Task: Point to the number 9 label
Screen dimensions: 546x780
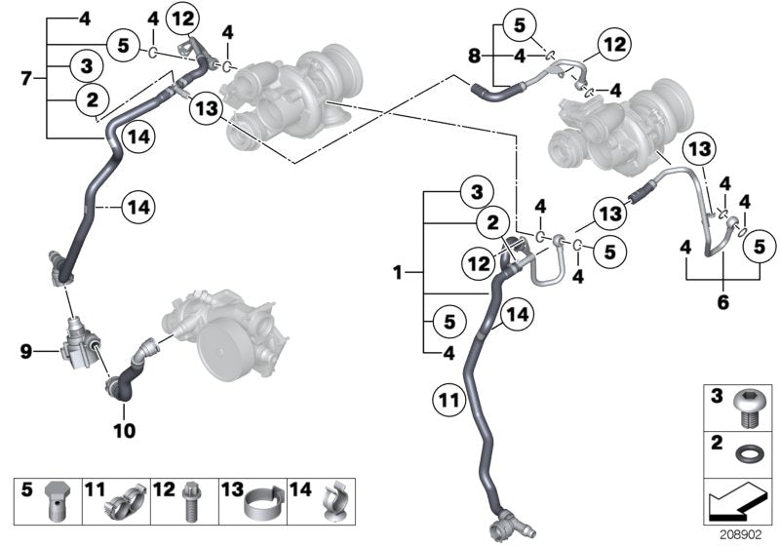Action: [27, 348]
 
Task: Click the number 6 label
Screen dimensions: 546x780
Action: [723, 303]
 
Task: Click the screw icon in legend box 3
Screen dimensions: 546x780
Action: [750, 408]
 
